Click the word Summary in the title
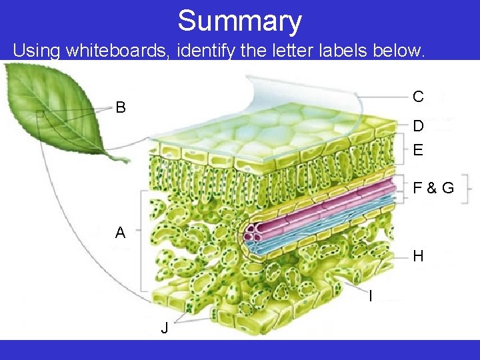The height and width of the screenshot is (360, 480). click(239, 21)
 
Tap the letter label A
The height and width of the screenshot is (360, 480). click(120, 233)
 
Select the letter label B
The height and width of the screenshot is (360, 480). click(120, 107)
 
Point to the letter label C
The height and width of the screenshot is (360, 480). click(418, 97)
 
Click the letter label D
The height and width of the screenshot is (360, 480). click(418, 126)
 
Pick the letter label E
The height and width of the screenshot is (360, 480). click(418, 150)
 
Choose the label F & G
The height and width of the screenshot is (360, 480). click(433, 188)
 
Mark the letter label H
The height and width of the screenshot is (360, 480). click(418, 256)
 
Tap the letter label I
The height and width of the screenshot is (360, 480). click(371, 295)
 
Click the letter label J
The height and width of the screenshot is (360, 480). click(164, 328)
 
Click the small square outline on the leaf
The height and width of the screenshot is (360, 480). click(40, 114)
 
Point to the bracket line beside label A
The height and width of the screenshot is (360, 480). click(141, 240)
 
